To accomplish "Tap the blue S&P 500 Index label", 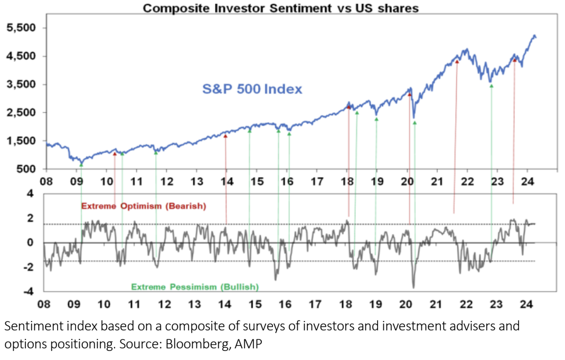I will [x=252, y=89].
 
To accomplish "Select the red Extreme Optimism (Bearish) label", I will [x=143, y=206].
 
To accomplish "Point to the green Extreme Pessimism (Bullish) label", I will [x=195, y=287].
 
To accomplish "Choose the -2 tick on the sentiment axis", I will [x=29, y=267].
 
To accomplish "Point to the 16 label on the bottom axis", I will [x=285, y=304].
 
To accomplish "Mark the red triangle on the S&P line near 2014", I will [x=225, y=136].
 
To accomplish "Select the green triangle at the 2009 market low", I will [x=81, y=165].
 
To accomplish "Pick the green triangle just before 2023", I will [x=491, y=86].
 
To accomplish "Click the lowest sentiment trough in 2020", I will [x=413, y=287].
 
